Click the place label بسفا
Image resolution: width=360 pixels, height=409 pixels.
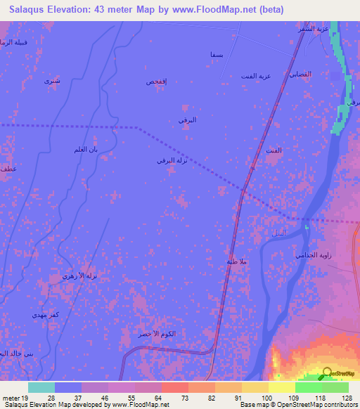click(x=217, y=54)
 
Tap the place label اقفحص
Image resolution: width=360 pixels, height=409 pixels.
click(x=156, y=82)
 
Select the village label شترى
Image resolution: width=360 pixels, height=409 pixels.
click(x=52, y=82)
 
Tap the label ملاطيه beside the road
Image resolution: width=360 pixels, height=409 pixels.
click(x=237, y=261)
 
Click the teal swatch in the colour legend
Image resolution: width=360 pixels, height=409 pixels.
click(x=41, y=387)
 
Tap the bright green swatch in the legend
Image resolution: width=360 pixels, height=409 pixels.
click(x=309, y=387)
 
